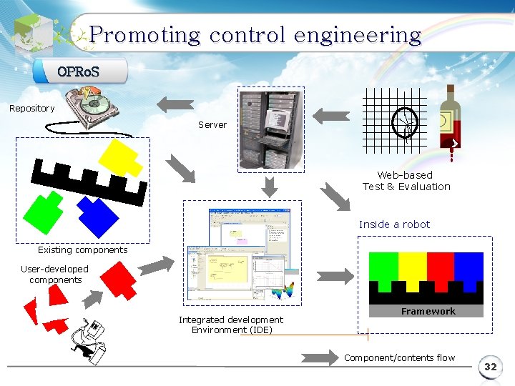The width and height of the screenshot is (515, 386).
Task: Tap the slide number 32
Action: click(490, 367)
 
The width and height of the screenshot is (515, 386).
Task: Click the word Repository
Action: click(31, 109)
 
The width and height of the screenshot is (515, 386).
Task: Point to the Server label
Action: click(212, 124)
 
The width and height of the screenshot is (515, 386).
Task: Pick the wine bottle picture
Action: click(448, 118)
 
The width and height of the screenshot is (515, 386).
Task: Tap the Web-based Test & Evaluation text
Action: click(406, 181)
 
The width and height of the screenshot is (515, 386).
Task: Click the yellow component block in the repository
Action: click(119, 157)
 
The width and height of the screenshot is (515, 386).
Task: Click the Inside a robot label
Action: click(394, 224)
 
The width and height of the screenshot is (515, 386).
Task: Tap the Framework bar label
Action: click(428, 311)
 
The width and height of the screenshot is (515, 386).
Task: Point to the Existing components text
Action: click(82, 250)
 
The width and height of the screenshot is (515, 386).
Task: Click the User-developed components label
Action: click(55, 274)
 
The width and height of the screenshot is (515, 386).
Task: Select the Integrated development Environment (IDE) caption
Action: click(230, 325)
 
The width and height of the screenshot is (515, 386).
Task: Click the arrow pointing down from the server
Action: click(269, 188)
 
